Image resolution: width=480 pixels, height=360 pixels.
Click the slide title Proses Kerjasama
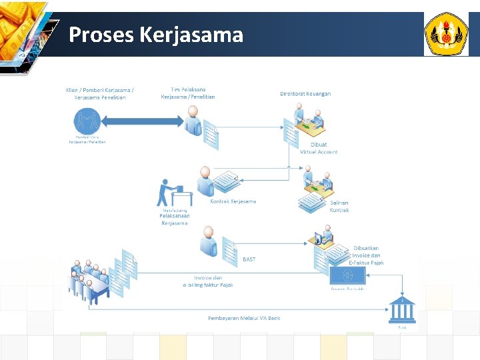pyautogui.click(x=156, y=34)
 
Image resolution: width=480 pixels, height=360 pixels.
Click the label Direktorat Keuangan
pyautogui.click(x=305, y=94)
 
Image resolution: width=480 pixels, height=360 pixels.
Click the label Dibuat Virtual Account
pyautogui.click(x=319, y=148)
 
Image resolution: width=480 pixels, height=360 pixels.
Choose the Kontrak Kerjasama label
pyautogui.click(x=233, y=201)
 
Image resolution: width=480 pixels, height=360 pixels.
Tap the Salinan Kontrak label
pyautogui.click(x=339, y=206)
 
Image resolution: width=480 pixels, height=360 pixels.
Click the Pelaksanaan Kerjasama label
pyautogui.click(x=175, y=219)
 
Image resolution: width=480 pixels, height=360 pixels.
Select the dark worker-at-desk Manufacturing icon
pyautogui.click(x=172, y=193)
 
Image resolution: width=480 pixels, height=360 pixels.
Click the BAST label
pyautogui.click(x=249, y=259)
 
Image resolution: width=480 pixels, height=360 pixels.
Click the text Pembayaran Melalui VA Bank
pyautogui.click(x=244, y=318)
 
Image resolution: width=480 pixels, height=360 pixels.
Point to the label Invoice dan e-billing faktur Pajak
pyautogui.click(x=208, y=281)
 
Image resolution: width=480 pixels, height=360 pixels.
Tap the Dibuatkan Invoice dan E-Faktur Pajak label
pyautogui.click(x=366, y=255)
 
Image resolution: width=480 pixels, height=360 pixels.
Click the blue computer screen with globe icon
pyautogui.click(x=347, y=276)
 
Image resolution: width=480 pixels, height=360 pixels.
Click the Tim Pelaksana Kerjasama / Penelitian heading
pyautogui.click(x=188, y=93)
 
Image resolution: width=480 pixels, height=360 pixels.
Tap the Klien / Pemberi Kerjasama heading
pyautogui.click(x=99, y=93)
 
